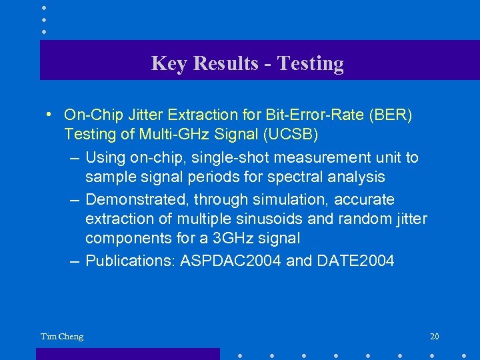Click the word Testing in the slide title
pyautogui.click(x=310, y=63)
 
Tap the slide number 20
pyautogui.click(x=434, y=336)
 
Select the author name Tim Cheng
pyautogui.click(x=62, y=336)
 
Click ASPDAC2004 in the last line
pyautogui.click(x=231, y=260)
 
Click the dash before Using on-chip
pyautogui.click(x=75, y=158)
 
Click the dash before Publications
pyautogui.click(x=75, y=261)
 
